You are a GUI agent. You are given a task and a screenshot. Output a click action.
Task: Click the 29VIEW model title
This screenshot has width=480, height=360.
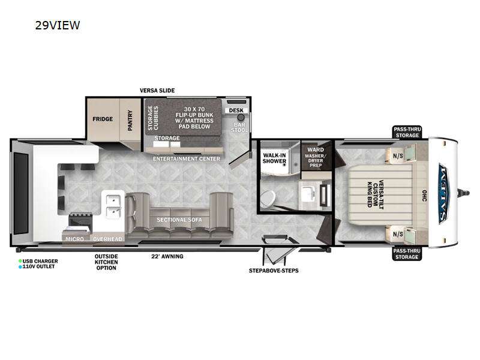pyautogui.click(x=58, y=25)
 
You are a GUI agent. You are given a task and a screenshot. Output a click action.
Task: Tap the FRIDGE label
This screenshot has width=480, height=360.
pyautogui.click(x=103, y=119)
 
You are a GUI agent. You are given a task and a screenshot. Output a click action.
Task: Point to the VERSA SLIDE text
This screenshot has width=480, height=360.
pyautogui.click(x=157, y=91)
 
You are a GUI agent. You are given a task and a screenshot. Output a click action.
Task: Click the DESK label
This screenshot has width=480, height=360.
pyautogui.click(x=235, y=110)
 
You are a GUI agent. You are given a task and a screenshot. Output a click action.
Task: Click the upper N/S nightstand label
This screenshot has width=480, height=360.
pyautogui.click(x=397, y=156)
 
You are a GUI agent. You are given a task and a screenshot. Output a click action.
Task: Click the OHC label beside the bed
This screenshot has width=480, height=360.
pyautogui.click(x=423, y=196)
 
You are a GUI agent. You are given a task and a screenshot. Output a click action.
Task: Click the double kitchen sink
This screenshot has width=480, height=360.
pyautogui.click(x=112, y=206)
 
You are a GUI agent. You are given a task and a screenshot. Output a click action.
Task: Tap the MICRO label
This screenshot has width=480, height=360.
pyautogui.click(x=76, y=239)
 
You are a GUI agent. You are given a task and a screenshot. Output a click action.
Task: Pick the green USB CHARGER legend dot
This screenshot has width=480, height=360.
pyautogui.click(x=20, y=260)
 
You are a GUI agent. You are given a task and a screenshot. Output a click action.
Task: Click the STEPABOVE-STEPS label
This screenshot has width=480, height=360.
pyautogui.click(x=274, y=271)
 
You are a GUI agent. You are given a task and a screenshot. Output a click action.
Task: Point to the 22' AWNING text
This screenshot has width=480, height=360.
pyautogui.click(x=167, y=257)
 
